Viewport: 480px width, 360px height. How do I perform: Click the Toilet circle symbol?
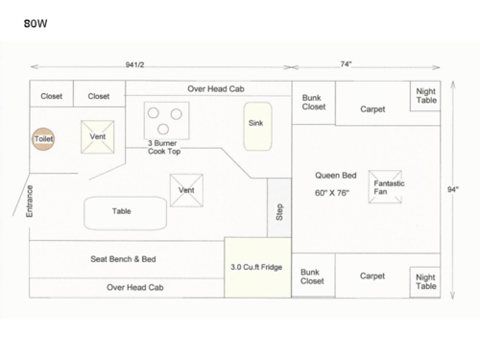point(43,139)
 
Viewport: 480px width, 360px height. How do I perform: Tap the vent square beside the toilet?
point(97,136)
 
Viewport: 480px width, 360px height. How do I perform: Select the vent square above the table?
point(185,189)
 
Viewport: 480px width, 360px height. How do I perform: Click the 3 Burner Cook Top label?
point(164,147)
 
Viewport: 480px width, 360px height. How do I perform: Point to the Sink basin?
point(255,126)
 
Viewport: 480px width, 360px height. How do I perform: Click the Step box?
point(279,207)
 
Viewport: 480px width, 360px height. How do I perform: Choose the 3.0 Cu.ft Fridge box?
point(255,268)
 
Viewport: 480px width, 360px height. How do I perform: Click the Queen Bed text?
point(336,176)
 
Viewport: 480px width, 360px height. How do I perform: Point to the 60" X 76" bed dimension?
point(333,192)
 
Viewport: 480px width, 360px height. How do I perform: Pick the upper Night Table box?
point(425,95)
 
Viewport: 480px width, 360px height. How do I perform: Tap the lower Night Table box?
point(425,280)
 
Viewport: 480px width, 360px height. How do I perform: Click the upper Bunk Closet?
point(313,103)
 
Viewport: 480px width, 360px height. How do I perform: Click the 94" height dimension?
point(452,189)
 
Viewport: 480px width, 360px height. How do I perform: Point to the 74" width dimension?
point(346,64)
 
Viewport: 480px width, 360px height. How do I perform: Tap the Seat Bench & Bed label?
point(122,259)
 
